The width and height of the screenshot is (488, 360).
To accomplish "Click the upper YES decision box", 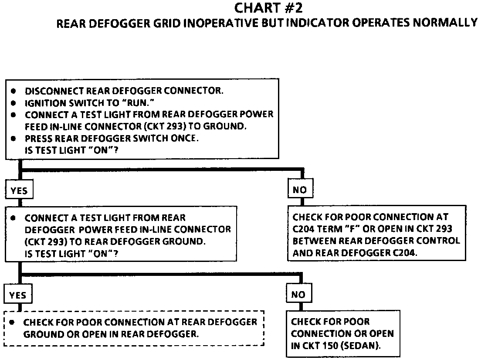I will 18,190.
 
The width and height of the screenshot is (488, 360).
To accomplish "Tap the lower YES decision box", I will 18,295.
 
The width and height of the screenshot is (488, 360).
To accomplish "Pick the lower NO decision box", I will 298,295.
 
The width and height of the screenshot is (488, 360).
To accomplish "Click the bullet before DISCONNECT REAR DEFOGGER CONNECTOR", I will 14,92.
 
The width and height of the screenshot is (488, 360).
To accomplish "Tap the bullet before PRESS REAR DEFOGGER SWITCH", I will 14,139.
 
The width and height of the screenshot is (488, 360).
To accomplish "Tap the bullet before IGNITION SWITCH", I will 14,103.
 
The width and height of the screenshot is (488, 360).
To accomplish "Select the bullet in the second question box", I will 14,218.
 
